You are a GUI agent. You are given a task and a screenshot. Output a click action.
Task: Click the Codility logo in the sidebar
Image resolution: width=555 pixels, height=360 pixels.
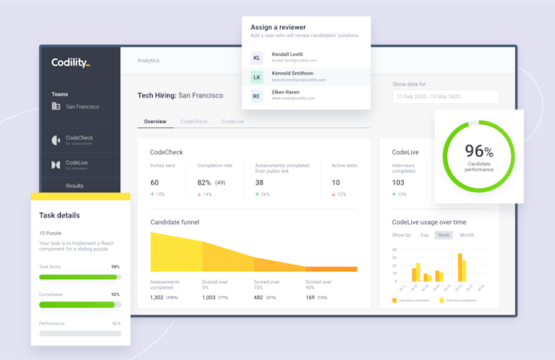(70, 62)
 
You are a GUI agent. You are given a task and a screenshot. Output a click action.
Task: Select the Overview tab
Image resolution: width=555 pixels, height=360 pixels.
(155, 122)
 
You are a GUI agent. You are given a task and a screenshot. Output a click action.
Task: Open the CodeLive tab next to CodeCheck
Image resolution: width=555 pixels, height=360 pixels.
(233, 122)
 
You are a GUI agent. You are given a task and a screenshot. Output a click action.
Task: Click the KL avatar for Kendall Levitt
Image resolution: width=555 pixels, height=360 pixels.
(257, 58)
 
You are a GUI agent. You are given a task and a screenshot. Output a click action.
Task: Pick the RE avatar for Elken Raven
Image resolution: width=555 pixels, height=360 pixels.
(257, 96)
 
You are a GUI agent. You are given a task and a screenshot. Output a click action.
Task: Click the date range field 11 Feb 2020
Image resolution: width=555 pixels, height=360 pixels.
(445, 97)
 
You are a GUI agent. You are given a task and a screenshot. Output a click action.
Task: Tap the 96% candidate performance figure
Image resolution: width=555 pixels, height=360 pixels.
(478, 152)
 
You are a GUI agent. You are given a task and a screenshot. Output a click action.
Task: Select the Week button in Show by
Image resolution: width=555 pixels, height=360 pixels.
(443, 235)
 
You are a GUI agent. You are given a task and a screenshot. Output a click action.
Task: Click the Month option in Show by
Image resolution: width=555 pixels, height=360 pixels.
(467, 235)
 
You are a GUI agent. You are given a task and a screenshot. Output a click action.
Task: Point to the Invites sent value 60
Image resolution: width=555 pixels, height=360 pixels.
(154, 182)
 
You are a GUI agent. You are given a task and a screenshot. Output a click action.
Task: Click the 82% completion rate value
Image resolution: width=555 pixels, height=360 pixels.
(205, 182)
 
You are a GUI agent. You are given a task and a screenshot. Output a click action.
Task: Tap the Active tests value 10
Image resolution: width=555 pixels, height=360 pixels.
(336, 182)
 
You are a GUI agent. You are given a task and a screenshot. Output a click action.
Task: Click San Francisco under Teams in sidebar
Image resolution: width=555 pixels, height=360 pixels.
(82, 106)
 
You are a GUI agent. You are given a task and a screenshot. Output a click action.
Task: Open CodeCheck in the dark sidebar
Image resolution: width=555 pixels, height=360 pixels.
(79, 138)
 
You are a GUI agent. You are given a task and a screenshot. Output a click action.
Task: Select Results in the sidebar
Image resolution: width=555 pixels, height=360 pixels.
(74, 186)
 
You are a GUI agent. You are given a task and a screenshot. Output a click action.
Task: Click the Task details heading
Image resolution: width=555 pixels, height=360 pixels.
(59, 215)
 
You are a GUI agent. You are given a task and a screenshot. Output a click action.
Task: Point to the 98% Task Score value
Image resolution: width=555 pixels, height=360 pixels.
(115, 267)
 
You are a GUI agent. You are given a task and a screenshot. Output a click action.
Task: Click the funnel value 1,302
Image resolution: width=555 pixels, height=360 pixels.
(157, 298)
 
